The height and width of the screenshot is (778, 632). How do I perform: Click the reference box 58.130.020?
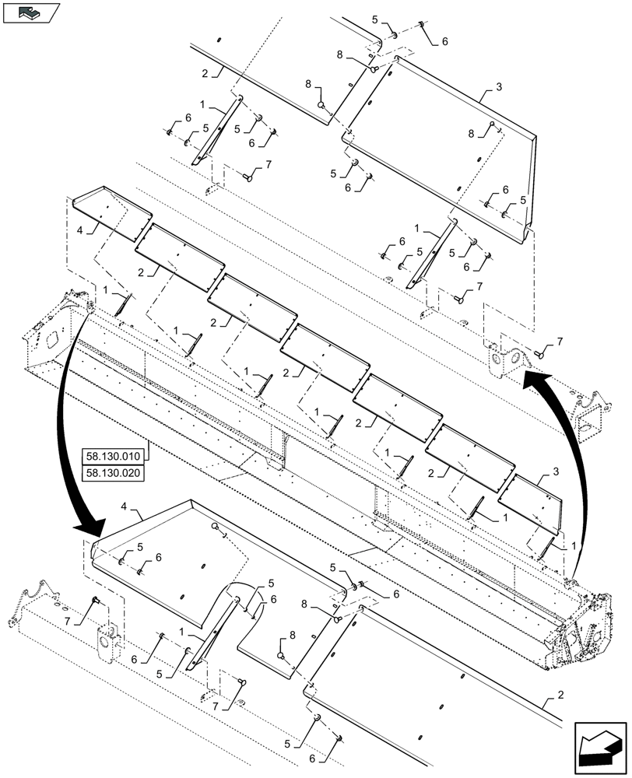coord(112,471)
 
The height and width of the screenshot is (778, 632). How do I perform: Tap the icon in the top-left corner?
coord(30,12)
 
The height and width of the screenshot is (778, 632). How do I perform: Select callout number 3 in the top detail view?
coord(488,91)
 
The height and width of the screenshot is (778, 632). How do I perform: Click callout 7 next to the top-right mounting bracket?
coord(559,343)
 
